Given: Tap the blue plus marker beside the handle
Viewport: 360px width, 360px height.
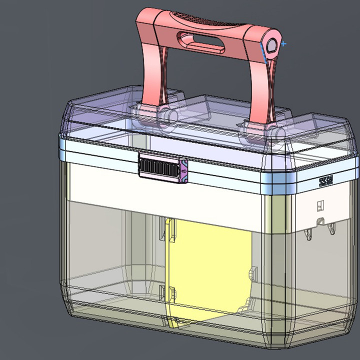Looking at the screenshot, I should point(283,44).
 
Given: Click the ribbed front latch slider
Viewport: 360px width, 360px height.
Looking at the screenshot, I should point(159,166).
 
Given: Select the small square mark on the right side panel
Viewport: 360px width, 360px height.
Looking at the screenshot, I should point(320,205).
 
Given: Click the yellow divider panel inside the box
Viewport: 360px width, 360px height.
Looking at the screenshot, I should point(210,270).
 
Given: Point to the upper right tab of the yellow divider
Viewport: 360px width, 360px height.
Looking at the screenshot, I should point(251,274).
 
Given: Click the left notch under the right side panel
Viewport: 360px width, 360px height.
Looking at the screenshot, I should point(309,232).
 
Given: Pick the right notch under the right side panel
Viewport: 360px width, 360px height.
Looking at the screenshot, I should point(331,228).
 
